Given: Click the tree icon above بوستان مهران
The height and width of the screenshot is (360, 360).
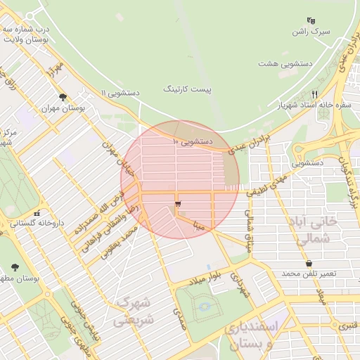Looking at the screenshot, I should pos(63,98).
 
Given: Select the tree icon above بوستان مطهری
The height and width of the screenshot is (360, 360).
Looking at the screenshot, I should pos(15,267).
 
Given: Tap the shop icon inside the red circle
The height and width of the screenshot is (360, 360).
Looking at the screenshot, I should pos(177,203).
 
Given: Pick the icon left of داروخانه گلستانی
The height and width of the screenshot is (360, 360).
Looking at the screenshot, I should pos(37,212).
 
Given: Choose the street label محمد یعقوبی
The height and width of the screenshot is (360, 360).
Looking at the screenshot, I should pos(118,245).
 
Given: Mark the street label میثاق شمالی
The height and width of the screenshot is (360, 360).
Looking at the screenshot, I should pos(248,231).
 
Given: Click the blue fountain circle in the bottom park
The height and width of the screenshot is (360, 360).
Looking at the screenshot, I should pos(204,307).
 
